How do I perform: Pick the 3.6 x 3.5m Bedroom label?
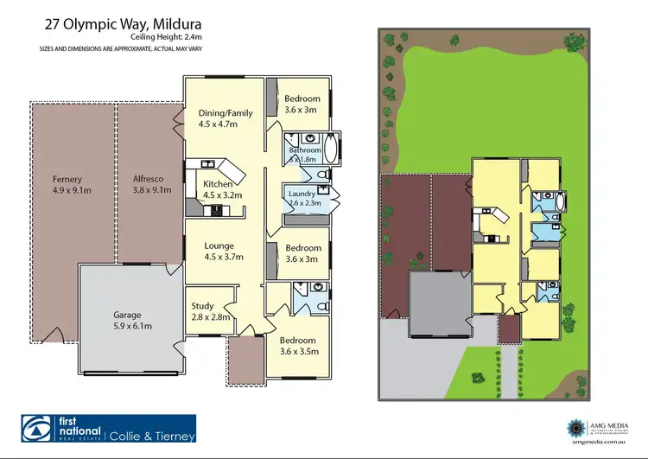299,346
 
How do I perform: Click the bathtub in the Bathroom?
333,149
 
